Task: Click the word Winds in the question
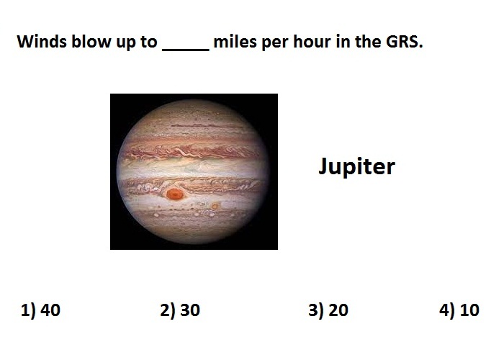tap(42, 42)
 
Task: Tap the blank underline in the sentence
tap(186, 50)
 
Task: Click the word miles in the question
tap(235, 42)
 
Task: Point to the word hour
tap(312, 42)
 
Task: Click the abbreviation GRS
tap(405, 42)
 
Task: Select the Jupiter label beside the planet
tap(356, 166)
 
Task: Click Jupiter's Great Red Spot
tap(174, 194)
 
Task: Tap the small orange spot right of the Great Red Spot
tap(215, 206)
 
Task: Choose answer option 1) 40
tap(40, 310)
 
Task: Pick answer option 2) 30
tap(180, 310)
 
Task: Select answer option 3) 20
tap(328, 310)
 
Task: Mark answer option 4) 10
tap(459, 310)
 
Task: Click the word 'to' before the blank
tap(148, 42)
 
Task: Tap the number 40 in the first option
tap(50, 310)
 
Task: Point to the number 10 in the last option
tap(469, 310)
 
